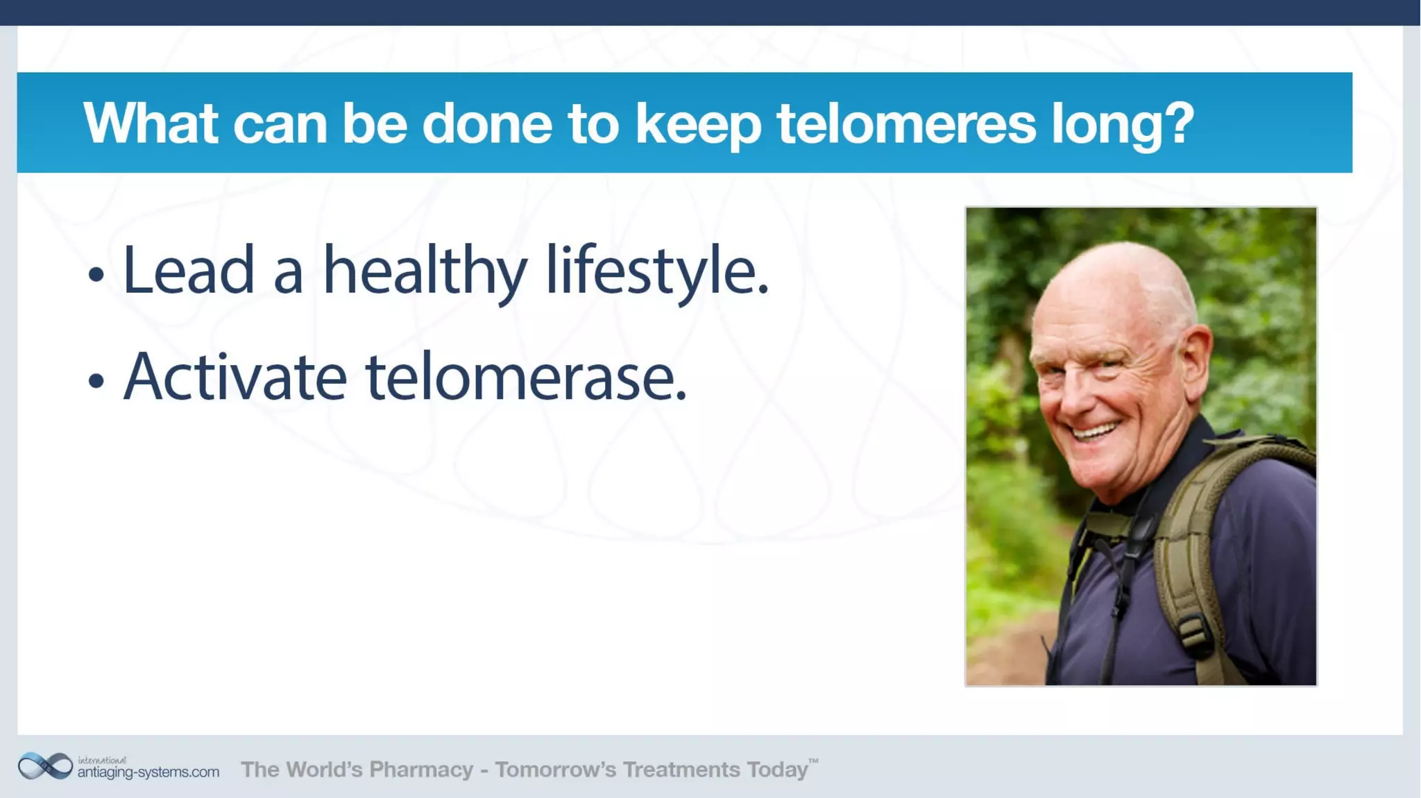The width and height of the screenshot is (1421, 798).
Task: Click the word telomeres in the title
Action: coord(905,124)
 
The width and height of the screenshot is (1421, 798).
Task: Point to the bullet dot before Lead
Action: coord(96,275)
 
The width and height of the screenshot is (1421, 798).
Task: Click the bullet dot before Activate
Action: coord(96,381)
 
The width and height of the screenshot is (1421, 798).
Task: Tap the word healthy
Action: coord(425,271)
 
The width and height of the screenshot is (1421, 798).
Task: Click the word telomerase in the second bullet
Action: coord(525,378)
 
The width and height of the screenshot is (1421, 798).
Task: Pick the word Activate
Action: coord(235,378)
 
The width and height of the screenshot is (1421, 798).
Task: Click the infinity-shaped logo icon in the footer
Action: coord(45,766)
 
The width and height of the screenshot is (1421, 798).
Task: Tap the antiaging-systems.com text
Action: coord(148,772)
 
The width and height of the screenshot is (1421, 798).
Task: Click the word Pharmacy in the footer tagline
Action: coord(421,770)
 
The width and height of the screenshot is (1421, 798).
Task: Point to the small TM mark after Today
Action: coord(814,761)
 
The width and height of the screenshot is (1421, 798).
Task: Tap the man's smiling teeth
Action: coord(1096,432)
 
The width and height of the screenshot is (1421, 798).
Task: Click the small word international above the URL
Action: coord(102,760)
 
